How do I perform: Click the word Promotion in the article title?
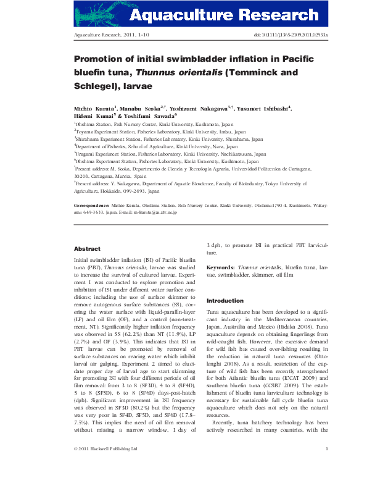[x=103, y=59]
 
